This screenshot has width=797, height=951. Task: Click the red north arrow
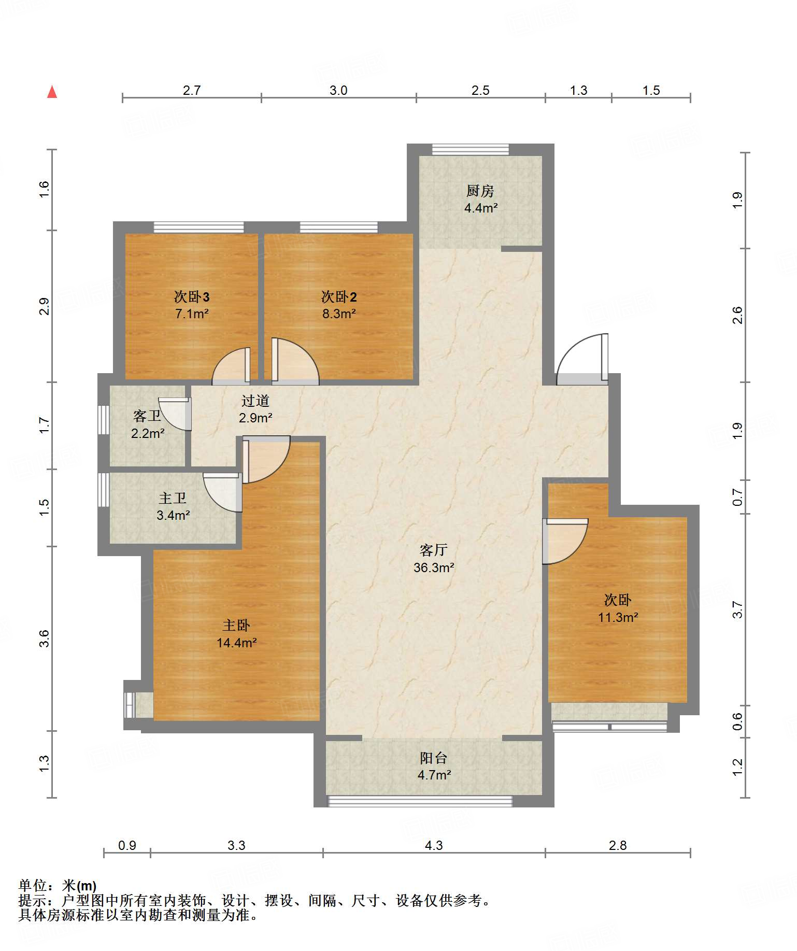point(52,92)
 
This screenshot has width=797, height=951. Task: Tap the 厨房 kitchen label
point(480,191)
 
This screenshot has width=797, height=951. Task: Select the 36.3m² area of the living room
point(434,567)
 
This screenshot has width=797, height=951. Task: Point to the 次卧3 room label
point(192,297)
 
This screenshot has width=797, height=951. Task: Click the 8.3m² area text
point(339,314)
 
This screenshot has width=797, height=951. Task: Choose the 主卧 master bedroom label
point(236,626)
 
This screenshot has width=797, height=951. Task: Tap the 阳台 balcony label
point(434,758)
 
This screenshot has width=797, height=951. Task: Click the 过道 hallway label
point(255,401)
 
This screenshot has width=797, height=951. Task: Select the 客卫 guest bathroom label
point(147,416)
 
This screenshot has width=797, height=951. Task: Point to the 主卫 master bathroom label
point(173,499)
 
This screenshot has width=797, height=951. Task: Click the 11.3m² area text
point(618,617)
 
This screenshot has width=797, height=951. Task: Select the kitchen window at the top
point(471,149)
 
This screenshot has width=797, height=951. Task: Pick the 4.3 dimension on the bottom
point(434,846)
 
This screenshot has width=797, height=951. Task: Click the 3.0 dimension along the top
point(338,91)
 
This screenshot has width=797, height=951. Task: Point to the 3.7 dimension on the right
point(737,610)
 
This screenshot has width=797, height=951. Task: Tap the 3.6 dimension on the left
point(45,638)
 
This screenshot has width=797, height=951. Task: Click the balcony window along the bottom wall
point(420,801)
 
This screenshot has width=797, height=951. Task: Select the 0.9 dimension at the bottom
point(127,846)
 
